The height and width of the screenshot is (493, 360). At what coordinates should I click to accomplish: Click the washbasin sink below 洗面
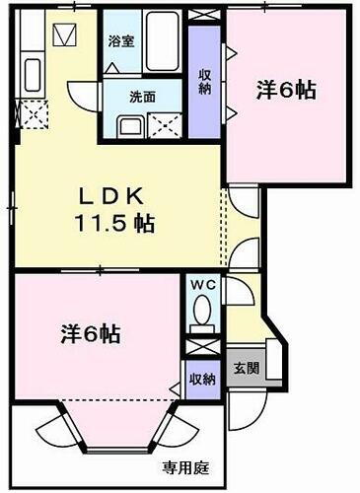tap(129, 126)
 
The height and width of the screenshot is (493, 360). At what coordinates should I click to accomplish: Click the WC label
tap(202, 285)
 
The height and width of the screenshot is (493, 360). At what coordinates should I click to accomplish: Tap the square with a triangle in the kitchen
tap(65, 36)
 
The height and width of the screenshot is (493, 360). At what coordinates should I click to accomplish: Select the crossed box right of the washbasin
tap(162, 126)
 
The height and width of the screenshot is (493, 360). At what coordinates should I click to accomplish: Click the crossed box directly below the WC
tap(201, 348)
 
